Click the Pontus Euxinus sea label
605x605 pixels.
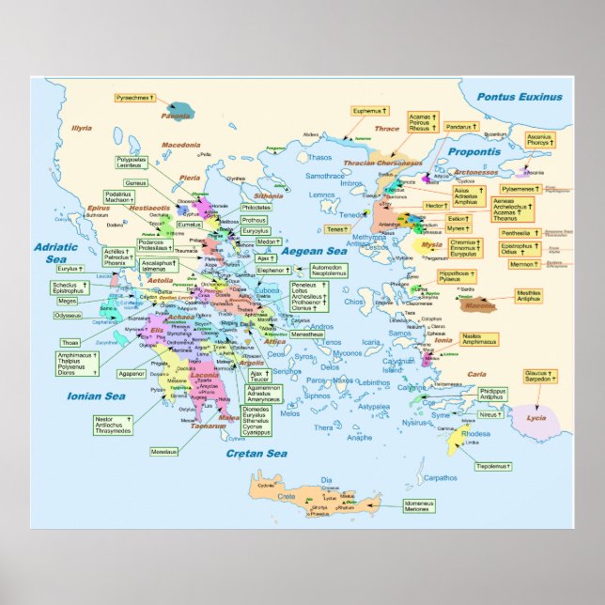pyautogui.click(x=519, y=97)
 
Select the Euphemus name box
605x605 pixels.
pyautogui.click(x=369, y=111)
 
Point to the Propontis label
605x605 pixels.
pyautogui.click(x=473, y=151)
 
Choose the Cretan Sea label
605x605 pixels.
pyautogui.click(x=256, y=455)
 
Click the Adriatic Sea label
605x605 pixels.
pyautogui.click(x=50, y=253)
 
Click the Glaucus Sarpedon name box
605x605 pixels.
pyautogui.click(x=536, y=377)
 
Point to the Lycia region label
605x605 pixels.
pyautogui.click(x=536, y=418)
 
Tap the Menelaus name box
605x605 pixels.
pyautogui.click(x=163, y=452)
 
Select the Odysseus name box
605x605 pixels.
pyautogui.click(x=68, y=316)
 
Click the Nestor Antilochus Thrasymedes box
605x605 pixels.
pyautogui.click(x=112, y=425)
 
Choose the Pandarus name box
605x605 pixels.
pyautogui.click(x=459, y=126)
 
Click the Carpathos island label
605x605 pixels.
pyautogui.click(x=441, y=478)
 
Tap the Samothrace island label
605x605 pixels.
pyautogui.click(x=325, y=176)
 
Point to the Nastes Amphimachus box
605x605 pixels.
pyautogui.click(x=480, y=338)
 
